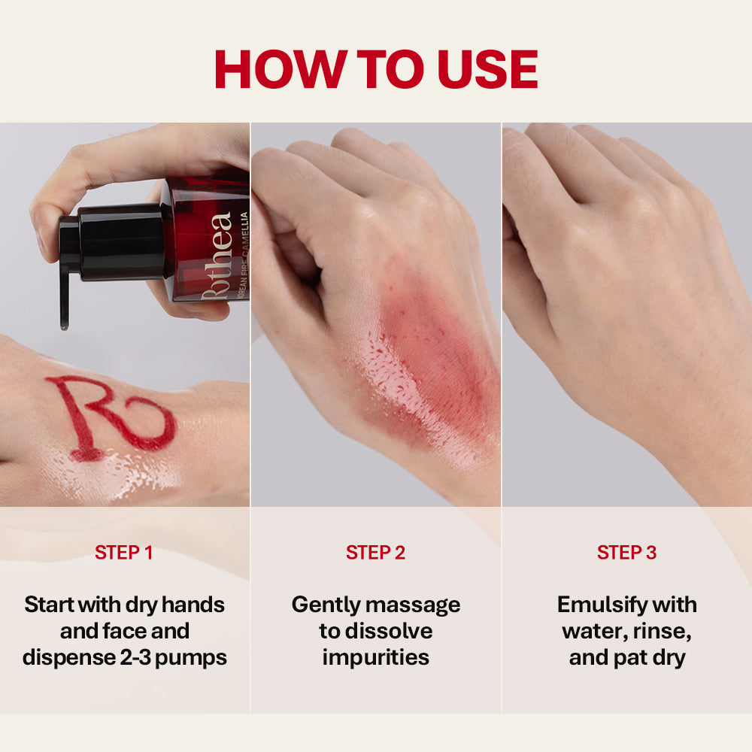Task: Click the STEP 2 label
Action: click(x=375, y=553)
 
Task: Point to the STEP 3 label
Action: click(x=626, y=553)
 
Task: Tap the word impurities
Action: click(x=375, y=657)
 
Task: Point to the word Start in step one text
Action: click(x=53, y=605)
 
